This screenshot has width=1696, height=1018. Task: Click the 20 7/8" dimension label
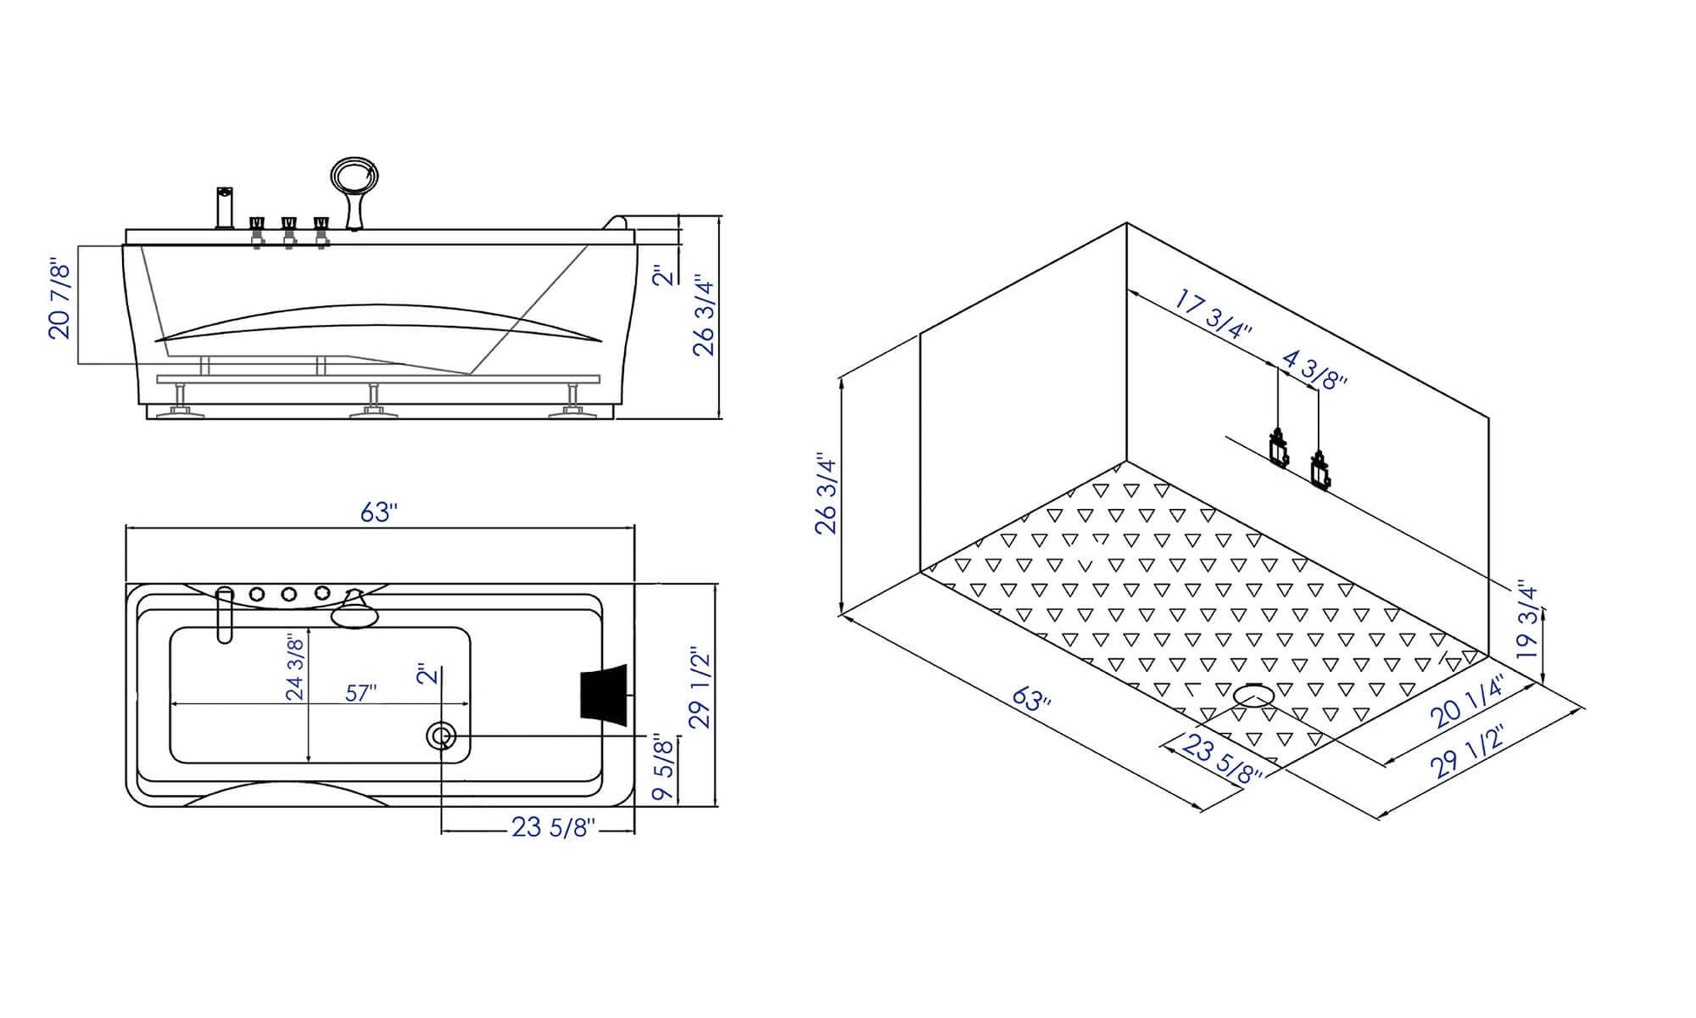59,298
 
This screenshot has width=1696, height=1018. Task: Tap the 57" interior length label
361,693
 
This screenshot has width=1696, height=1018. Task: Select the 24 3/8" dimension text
295,668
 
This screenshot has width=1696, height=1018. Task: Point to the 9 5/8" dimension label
663,768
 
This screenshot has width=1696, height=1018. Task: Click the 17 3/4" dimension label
1212,316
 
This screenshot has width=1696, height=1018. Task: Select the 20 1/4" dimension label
1468,702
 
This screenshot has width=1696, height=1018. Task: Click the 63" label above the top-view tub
379,512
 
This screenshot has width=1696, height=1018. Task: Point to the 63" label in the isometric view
1032,698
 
